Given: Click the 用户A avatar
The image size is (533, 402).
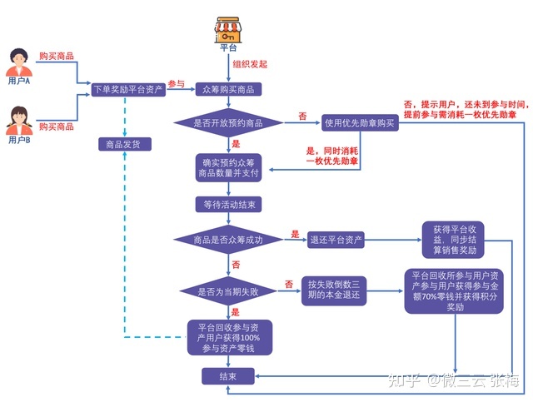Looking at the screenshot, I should tap(18, 63).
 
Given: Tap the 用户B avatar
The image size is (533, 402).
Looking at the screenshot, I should tap(18, 122).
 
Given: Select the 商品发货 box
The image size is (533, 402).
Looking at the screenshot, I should tap(124, 145).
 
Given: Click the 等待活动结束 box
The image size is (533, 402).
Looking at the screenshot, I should tap(229, 204).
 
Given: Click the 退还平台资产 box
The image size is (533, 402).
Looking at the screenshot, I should tap(336, 240).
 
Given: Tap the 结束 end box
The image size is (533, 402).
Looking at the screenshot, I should tap(227, 377).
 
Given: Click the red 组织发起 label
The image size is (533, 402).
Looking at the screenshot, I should tap(250, 62).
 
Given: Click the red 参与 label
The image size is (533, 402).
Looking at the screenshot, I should tap(176, 84).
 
